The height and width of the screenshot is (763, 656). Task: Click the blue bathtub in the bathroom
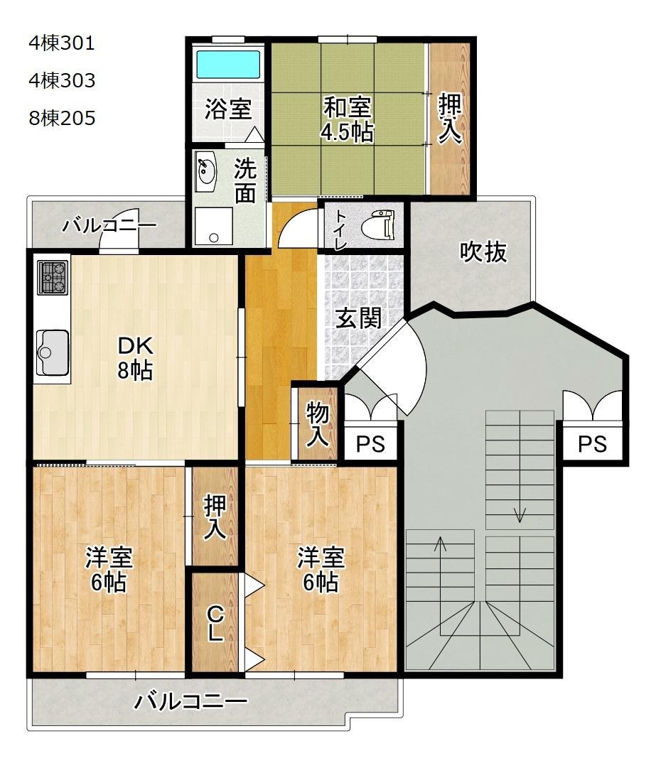click(x=227, y=64)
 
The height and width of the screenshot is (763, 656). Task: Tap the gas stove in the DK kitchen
click(x=52, y=277)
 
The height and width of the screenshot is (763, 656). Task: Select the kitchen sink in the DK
click(x=52, y=352)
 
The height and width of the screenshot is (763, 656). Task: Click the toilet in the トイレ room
click(x=379, y=224)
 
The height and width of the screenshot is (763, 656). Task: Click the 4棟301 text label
click(x=61, y=43)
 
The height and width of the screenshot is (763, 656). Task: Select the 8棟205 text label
click(x=62, y=118)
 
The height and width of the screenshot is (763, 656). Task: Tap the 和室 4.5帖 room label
click(x=348, y=119)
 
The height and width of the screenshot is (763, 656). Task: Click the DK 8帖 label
click(x=135, y=357)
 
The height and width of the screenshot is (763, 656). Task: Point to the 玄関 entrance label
click(x=359, y=318)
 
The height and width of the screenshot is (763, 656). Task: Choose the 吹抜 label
click(x=483, y=251)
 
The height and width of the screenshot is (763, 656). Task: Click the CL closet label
click(x=215, y=623)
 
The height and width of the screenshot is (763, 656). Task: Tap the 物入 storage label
click(x=317, y=425)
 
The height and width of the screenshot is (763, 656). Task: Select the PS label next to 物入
click(x=370, y=444)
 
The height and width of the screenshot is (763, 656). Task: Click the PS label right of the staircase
click(x=592, y=444)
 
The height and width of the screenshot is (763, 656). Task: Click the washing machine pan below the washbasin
click(x=213, y=226)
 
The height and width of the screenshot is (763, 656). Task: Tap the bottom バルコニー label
click(x=190, y=702)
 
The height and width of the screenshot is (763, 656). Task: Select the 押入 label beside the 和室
click(x=449, y=119)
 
